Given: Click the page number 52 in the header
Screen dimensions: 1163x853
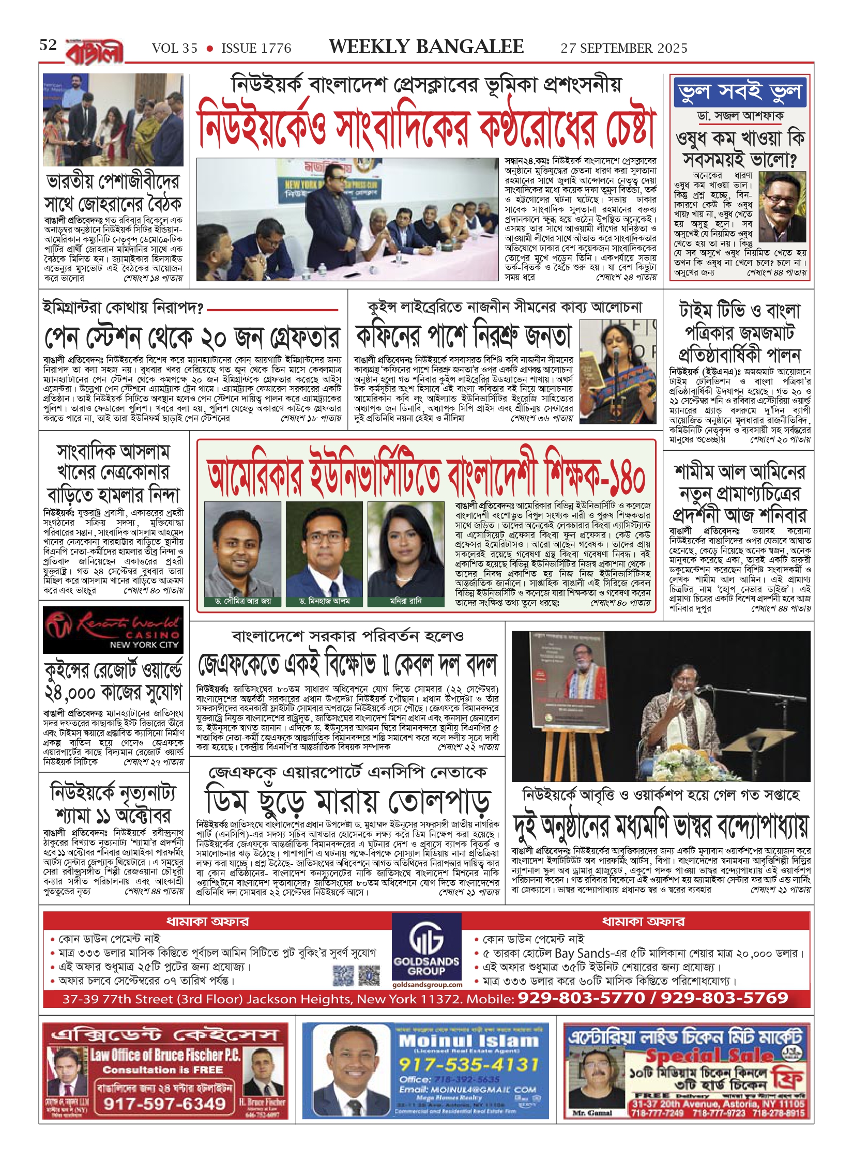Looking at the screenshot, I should coord(48,45).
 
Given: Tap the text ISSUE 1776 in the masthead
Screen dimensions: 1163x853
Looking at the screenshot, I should coord(256,49).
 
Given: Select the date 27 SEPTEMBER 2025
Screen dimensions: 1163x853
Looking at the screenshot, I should coord(624,49).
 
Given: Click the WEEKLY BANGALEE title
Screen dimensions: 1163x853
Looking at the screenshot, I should coord(426,47).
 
